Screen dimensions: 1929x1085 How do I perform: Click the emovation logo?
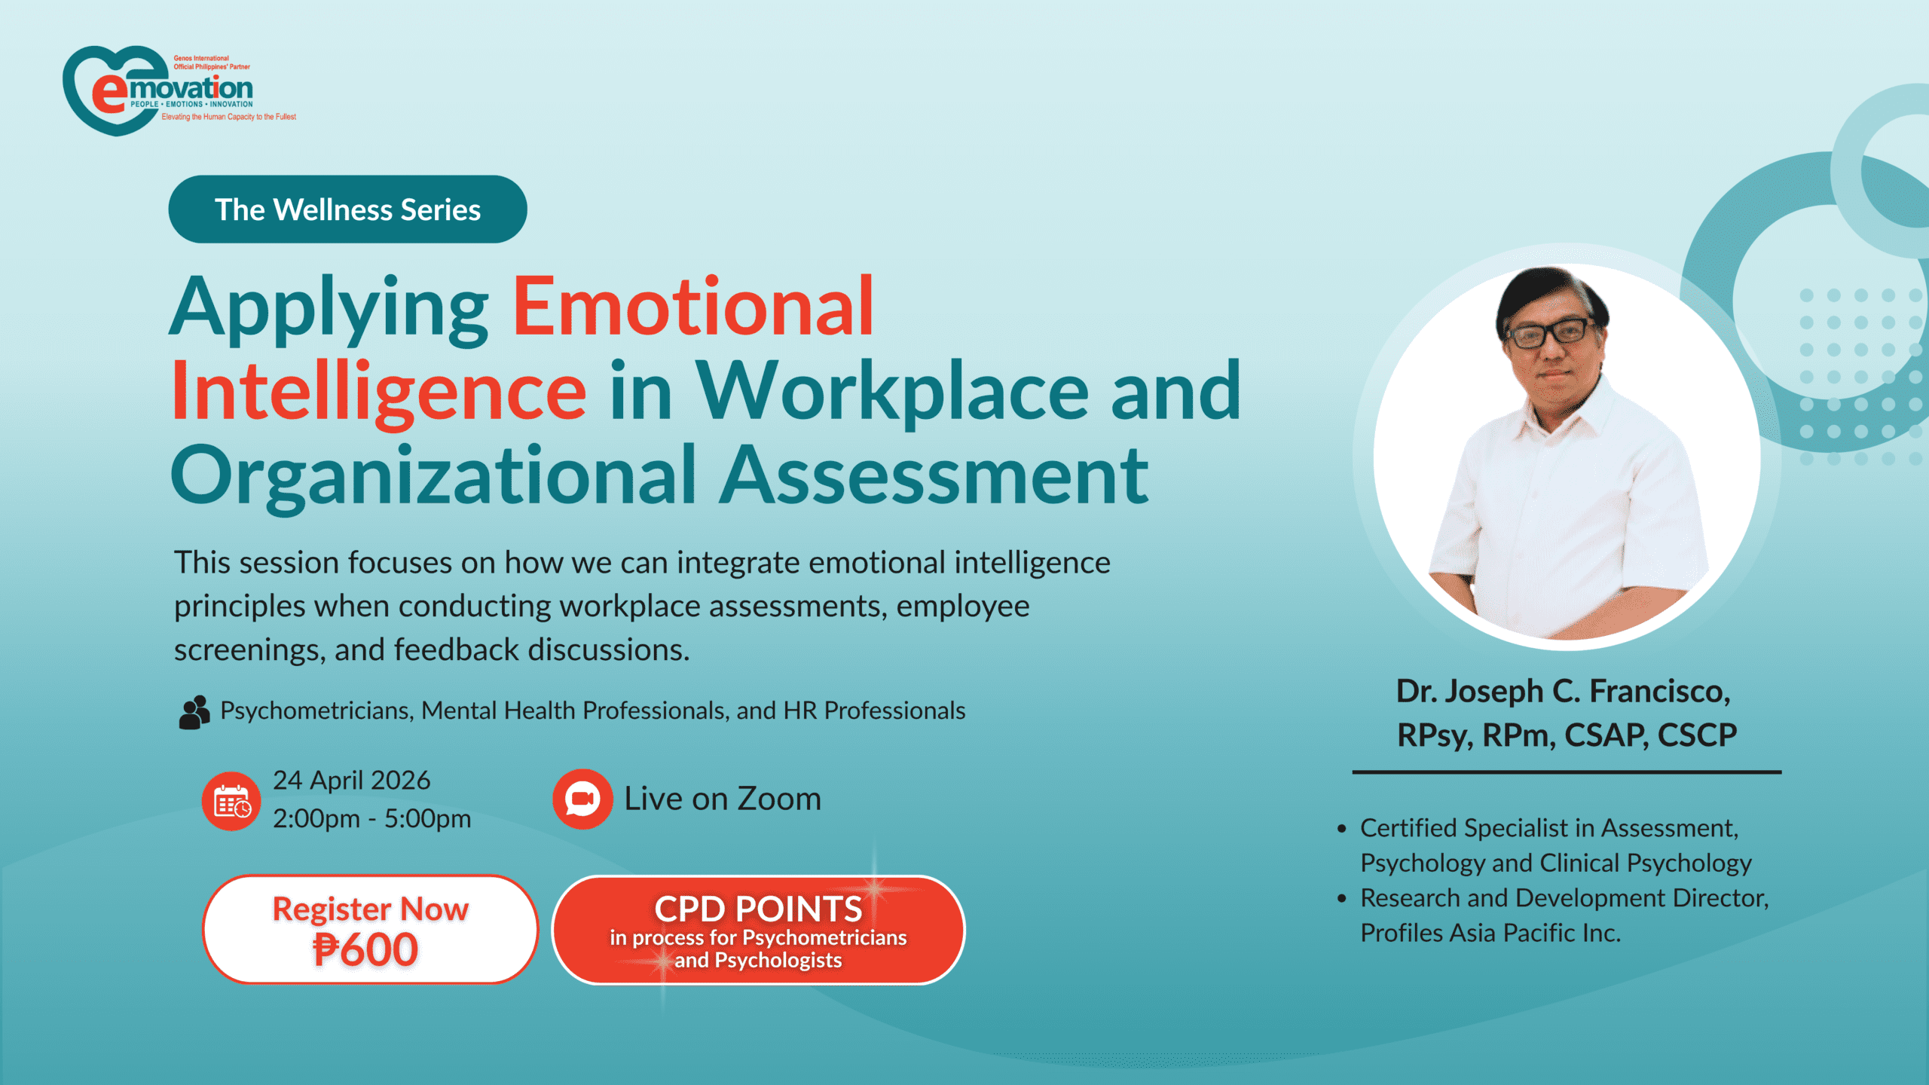click(x=179, y=90)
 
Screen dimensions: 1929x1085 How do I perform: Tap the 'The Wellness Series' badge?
click(x=347, y=209)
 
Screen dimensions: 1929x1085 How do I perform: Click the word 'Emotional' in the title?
click(x=693, y=307)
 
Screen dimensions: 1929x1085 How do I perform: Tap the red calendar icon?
click(x=231, y=801)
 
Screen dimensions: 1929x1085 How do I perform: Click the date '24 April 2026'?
click(x=351, y=781)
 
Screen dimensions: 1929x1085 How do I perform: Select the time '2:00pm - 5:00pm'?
click(x=371, y=819)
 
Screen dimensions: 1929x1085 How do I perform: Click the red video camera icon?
click(x=582, y=799)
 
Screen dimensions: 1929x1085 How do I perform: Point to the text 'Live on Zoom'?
click(x=723, y=799)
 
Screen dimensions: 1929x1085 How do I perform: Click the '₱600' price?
click(x=366, y=949)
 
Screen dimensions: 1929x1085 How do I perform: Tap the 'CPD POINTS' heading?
click(x=758, y=909)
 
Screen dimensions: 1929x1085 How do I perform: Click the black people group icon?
click(x=194, y=712)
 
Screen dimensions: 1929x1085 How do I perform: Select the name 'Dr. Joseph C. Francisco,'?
click(x=1564, y=691)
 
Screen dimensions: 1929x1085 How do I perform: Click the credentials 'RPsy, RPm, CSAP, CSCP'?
click(x=1567, y=735)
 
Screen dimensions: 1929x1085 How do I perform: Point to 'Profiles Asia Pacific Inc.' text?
click(x=1490, y=933)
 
